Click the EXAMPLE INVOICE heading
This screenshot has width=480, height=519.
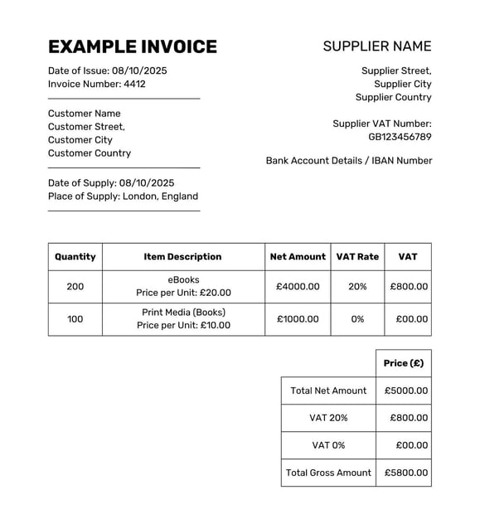pos(133,47)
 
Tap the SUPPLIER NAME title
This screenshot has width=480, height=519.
pos(377,46)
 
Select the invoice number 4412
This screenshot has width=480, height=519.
pos(134,84)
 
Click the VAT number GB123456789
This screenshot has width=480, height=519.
pos(400,137)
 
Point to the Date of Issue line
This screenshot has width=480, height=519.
pos(107,70)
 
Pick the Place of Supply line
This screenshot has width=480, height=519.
pos(123,196)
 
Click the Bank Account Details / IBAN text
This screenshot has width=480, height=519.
pos(349,161)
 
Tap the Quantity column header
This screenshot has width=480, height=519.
pos(75,257)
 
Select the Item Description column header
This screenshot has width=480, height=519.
pos(182,257)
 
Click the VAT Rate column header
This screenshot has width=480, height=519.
pos(357,257)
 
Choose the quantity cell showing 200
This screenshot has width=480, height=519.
pos(75,287)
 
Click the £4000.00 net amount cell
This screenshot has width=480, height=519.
pos(298,287)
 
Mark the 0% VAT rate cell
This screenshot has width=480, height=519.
pos(357,319)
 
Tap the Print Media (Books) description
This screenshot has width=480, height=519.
pos(183,313)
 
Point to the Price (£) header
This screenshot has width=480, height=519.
pos(404,363)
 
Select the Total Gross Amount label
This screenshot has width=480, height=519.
pos(328,473)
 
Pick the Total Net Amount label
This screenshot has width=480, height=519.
pos(328,390)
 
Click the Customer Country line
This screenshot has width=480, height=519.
pos(90,153)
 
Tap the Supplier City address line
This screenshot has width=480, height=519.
pos(402,84)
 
